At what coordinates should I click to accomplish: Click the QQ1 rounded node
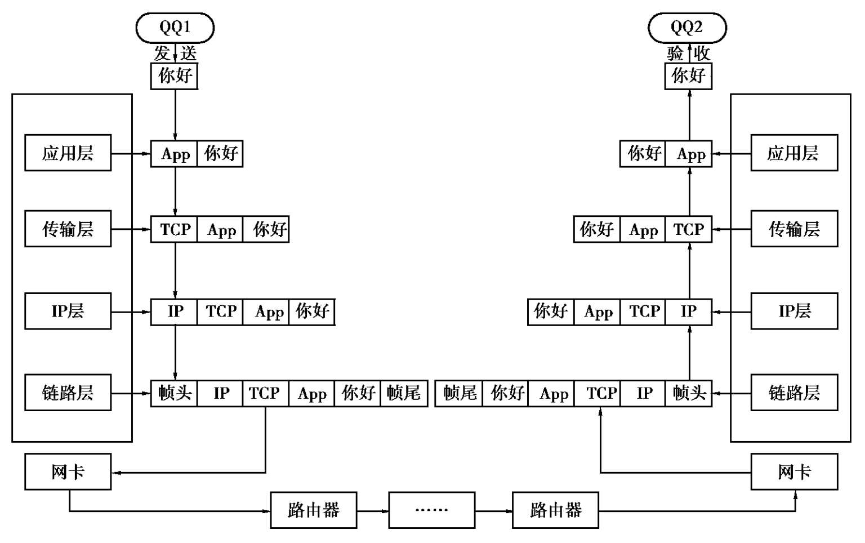175,28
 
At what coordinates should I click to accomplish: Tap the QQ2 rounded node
687,28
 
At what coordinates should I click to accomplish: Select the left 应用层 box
68,153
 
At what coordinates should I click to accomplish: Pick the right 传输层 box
794,229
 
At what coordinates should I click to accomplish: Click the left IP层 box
68,311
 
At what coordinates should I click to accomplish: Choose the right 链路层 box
794,392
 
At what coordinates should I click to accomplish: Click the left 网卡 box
68,471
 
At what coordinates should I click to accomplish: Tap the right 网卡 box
794,471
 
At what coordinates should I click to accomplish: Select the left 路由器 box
313,510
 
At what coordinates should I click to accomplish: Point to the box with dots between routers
431,510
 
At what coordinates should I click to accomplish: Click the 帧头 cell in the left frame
174,393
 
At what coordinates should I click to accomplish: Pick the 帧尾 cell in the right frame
459,393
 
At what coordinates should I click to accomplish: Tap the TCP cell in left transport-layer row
175,229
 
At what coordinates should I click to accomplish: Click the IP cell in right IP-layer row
688,311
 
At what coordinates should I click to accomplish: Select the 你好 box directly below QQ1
174,75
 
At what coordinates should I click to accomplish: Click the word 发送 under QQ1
175,54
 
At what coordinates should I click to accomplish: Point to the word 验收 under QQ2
688,54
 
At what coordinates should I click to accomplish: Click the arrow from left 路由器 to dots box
373,511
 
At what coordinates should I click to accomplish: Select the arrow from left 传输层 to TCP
131,229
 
